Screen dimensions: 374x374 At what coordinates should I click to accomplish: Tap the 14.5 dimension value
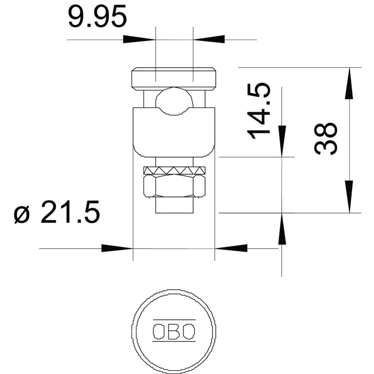click(259, 111)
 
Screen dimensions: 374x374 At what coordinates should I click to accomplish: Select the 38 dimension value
click(325, 139)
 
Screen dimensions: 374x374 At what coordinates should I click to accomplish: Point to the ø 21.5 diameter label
click(57, 212)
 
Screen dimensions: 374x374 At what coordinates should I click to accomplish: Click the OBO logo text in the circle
click(174, 331)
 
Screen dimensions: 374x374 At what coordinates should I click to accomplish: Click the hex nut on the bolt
click(174, 186)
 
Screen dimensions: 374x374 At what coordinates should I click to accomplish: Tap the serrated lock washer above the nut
click(174, 170)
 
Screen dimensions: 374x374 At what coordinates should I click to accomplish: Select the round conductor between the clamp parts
click(174, 101)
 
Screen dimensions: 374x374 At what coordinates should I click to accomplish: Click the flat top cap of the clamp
click(174, 79)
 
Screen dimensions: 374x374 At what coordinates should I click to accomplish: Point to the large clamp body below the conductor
click(174, 132)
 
